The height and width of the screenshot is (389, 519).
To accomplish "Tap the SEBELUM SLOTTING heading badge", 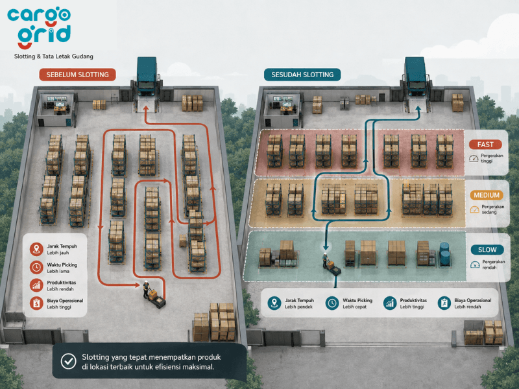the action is click(x=77, y=75).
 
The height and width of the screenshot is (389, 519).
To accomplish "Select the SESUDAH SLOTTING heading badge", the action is click(x=302, y=75).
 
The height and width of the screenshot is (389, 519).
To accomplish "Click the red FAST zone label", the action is click(x=485, y=145).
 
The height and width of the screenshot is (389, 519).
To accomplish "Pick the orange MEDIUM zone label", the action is click(x=487, y=195).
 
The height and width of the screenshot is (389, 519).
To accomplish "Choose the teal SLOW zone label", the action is click(x=487, y=250).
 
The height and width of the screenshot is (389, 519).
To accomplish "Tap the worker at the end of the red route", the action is click(x=146, y=289).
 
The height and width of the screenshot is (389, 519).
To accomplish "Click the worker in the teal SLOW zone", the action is click(x=326, y=260).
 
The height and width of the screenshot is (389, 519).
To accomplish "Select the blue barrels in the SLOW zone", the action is click(x=444, y=254).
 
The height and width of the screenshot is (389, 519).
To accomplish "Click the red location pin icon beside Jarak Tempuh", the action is click(x=36, y=249).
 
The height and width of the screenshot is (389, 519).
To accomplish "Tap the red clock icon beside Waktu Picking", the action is click(x=36, y=267).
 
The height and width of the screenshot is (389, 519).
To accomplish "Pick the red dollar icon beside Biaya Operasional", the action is click(x=36, y=303).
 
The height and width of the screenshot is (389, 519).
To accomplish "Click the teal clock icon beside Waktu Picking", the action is click(x=332, y=303).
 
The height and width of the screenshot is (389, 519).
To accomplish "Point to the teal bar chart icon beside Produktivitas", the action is click(x=390, y=303).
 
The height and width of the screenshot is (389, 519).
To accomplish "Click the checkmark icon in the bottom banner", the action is click(x=69, y=361).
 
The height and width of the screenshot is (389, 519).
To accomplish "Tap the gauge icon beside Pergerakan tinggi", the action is click(x=474, y=158).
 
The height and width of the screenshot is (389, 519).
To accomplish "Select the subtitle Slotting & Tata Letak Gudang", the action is click(x=54, y=56).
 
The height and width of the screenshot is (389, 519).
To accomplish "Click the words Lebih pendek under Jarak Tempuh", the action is click(x=298, y=307).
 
